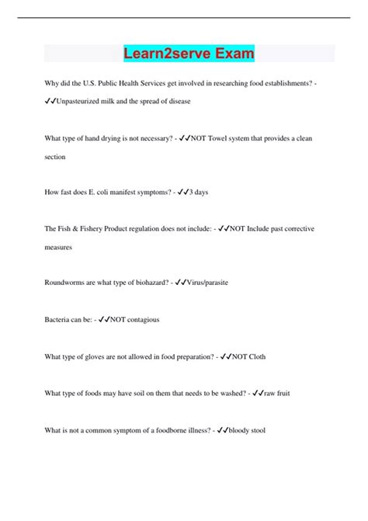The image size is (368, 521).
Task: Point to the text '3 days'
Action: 199,193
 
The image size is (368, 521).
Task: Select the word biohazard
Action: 146,284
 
